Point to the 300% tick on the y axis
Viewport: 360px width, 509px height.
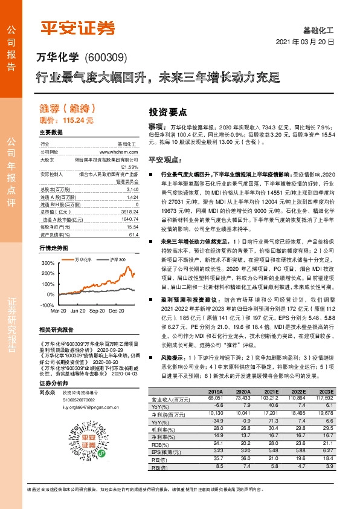[48, 264]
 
